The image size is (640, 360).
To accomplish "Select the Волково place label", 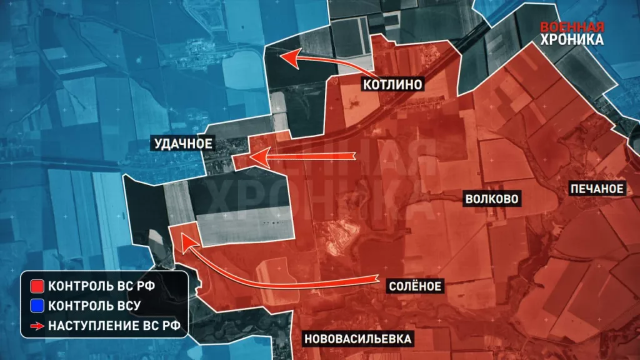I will (492, 199).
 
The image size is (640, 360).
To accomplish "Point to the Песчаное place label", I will (596, 189).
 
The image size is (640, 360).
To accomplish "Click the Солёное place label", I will (415, 286).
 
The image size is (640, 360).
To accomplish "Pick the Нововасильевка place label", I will (359, 339).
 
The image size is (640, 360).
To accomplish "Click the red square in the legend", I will (37, 287).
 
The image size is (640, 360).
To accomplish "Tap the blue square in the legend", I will (37, 306).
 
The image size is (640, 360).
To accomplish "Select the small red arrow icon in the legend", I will (37, 324).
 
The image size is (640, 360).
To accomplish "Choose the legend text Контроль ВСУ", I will (94, 306).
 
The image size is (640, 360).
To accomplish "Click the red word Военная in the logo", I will (572, 27).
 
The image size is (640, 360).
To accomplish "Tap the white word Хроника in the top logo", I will (573, 40).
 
